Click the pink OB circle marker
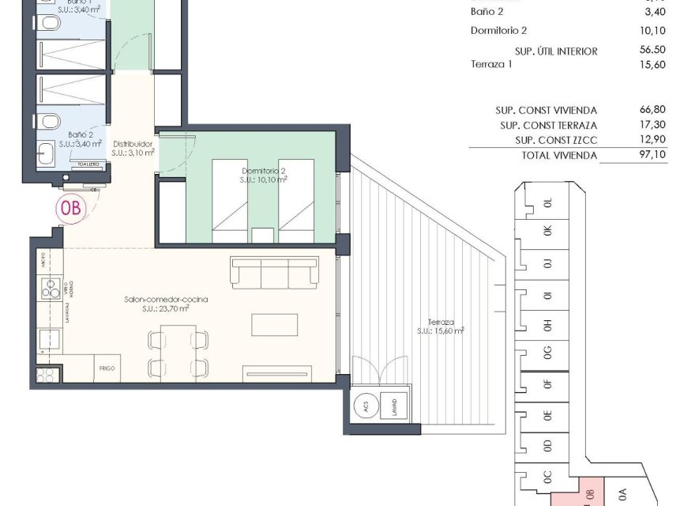(69, 209)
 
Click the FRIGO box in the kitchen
(107, 369)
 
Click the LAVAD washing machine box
(393, 406)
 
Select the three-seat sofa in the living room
(273, 273)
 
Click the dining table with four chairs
(178, 353)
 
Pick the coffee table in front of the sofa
(275, 325)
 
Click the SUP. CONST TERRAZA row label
(548, 126)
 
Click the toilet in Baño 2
(50, 121)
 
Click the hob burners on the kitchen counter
(49, 286)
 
